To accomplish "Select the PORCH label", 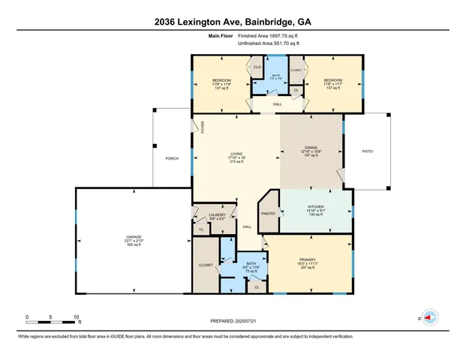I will pyautogui.click(x=172, y=160).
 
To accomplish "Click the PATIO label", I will pyautogui.click(x=367, y=152).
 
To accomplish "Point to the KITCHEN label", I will pyautogui.click(x=316, y=207).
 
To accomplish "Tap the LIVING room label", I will pyautogui.click(x=237, y=153).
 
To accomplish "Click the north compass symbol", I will pyautogui.click(x=430, y=317).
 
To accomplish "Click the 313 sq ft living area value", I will pyautogui.click(x=237, y=163).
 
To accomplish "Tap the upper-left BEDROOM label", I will pyautogui.click(x=221, y=80).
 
